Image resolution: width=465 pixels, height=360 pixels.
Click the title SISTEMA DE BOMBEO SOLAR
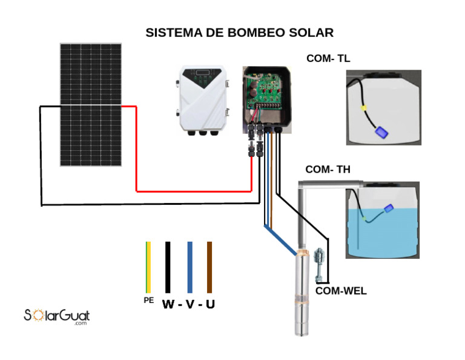pyautogui.click(x=239, y=33)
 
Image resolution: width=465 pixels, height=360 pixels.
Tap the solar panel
pyautogui.click(x=90, y=104)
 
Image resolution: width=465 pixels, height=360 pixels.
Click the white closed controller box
pyautogui.click(x=202, y=99)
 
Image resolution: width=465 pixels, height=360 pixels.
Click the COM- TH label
pyautogui.click(x=328, y=170)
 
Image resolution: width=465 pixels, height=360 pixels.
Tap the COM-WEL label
pyautogui.click(x=341, y=291)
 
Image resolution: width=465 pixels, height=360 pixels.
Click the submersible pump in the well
pyautogui.click(x=302, y=294)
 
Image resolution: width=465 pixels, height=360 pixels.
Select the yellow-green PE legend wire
pyautogui.click(x=148, y=267)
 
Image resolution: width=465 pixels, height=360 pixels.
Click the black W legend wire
pyautogui.click(x=168, y=267)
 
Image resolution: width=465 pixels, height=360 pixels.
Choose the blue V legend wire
pyautogui.click(x=190, y=267)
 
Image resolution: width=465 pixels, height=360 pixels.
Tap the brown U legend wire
pyautogui.click(x=209, y=267)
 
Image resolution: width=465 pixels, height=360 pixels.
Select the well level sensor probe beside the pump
pyautogui.click(x=319, y=264)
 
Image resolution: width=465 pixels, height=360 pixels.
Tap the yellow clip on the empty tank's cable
pyautogui.click(x=364, y=108)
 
